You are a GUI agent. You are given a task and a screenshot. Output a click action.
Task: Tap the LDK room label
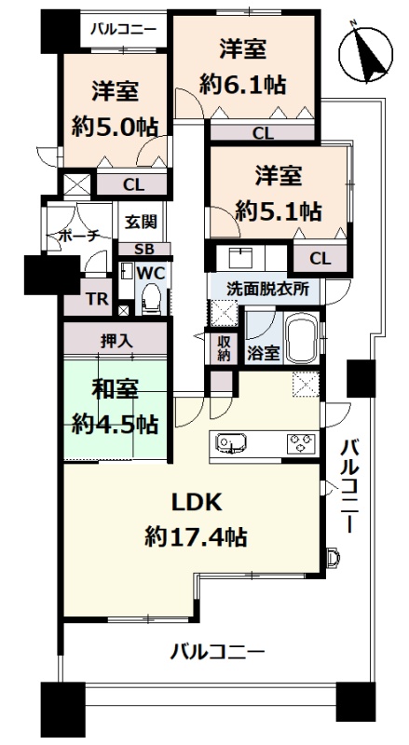pyautogui.click(x=197, y=503)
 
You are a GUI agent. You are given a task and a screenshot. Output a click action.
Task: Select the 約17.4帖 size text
pyautogui.click(x=196, y=537)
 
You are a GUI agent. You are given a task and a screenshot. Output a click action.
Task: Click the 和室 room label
pyautogui.click(x=115, y=390)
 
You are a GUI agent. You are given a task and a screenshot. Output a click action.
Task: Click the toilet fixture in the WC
pyautogui.click(x=152, y=298)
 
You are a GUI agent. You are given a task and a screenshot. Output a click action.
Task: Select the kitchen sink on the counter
pyautogui.click(x=230, y=442)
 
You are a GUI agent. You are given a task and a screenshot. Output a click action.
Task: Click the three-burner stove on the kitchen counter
pyautogui.click(x=301, y=442)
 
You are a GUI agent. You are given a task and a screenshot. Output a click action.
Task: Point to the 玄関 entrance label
pyautogui.click(x=141, y=223)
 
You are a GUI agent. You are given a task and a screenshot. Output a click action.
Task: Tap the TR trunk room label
pyautogui.click(x=99, y=299)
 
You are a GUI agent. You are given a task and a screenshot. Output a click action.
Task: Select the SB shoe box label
pyautogui.click(x=143, y=249)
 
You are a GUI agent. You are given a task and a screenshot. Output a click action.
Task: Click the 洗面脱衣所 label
pyautogui.click(x=267, y=289)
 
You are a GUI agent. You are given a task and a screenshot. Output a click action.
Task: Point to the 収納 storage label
pyautogui.click(x=224, y=348)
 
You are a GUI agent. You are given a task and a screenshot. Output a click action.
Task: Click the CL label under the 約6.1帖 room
pyautogui.click(x=263, y=133)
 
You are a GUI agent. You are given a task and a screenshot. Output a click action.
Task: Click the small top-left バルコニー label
pyautogui.click(x=124, y=30)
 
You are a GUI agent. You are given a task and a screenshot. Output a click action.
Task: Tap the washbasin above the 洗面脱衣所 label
pyautogui.click(x=241, y=258)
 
